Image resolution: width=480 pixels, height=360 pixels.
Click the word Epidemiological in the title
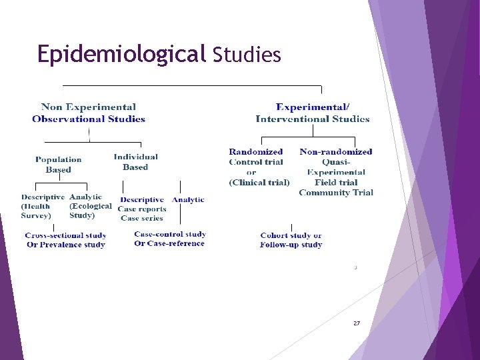coord(121,53)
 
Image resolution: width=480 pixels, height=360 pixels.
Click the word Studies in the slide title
coord(247,55)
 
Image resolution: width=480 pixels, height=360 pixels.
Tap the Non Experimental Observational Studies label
coord(89,113)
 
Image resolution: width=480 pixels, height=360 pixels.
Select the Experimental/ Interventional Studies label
coord(313,113)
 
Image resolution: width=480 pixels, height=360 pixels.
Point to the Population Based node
coord(59,165)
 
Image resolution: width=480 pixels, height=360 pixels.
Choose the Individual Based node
coord(135,162)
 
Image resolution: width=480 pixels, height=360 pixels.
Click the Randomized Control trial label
coord(256,157)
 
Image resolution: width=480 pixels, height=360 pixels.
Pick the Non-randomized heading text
coord(336,152)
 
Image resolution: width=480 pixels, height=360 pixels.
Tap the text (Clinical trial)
coord(259,182)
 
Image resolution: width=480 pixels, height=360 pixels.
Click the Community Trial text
coord(336,193)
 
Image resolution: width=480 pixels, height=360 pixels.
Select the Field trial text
coord(336,182)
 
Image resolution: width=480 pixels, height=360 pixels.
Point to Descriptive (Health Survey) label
coord(42,206)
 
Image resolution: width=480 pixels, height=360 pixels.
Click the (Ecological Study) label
coord(90,211)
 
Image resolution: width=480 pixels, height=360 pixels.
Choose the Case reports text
coord(142,209)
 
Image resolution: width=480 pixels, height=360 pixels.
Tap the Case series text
coord(142,218)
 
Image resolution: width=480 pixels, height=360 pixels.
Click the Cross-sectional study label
coord(65,235)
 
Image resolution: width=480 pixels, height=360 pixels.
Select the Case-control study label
coord(170,234)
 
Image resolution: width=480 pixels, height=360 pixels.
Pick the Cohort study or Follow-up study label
coord(291,240)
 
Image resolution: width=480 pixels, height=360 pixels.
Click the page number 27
coord(357,323)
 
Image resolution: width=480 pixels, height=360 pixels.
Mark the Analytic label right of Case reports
coord(188,200)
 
